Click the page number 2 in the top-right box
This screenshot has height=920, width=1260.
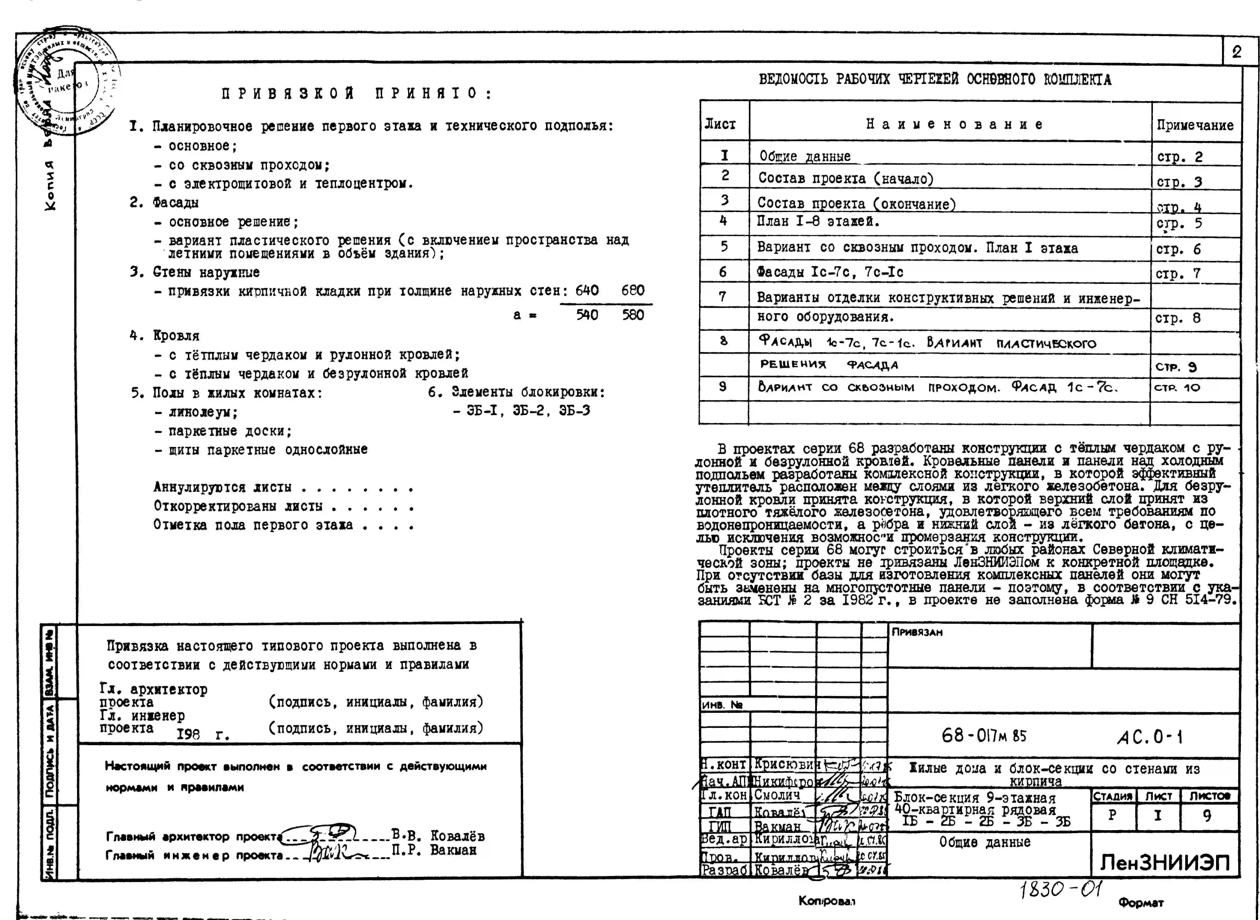[1237, 52]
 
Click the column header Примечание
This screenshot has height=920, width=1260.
[1195, 125]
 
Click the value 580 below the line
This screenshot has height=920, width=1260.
[633, 315]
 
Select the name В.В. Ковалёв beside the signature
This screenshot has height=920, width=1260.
[438, 836]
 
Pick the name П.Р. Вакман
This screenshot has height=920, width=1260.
[434, 850]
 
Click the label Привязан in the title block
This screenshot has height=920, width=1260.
[917, 633]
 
